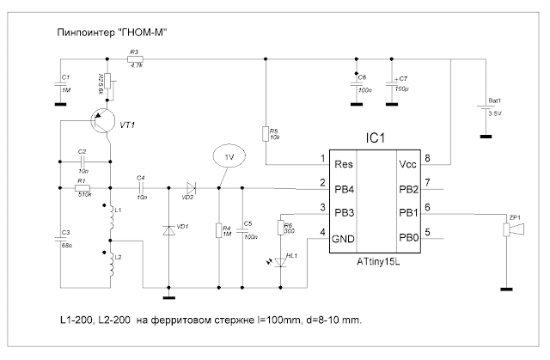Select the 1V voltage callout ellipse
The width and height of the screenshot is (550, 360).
[x=226, y=159]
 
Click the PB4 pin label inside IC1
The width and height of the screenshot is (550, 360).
[x=342, y=183]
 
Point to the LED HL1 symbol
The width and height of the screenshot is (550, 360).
[x=280, y=256]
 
